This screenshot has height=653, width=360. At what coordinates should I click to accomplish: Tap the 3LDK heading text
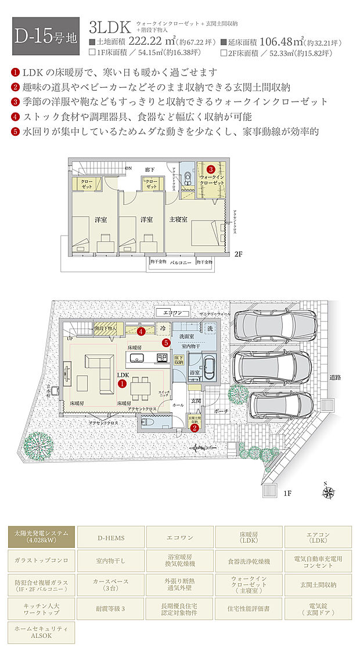(109, 27)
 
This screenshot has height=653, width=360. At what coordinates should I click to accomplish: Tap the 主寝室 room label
(178, 220)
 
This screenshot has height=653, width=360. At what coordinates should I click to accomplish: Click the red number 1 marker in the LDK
(123, 383)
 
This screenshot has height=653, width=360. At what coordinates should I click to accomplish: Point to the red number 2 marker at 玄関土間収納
(195, 428)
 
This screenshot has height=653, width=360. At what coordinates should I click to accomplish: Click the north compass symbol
(329, 493)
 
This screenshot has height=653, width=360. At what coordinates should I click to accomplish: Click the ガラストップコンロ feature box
(41, 561)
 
